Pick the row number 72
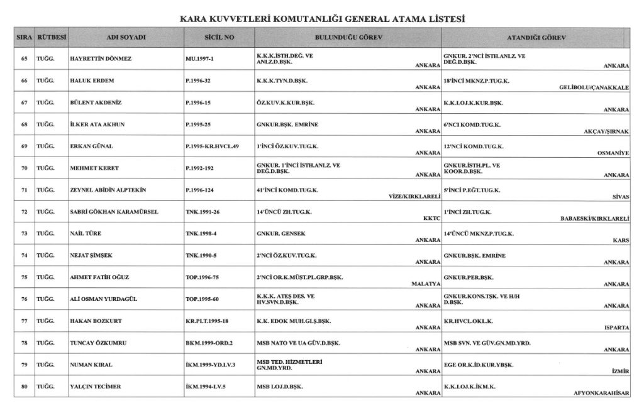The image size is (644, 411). pyautogui.click(x=25, y=212)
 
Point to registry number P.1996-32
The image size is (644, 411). pyautogui.click(x=203, y=82)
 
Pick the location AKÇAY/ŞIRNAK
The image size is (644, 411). pyautogui.click(x=606, y=131)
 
